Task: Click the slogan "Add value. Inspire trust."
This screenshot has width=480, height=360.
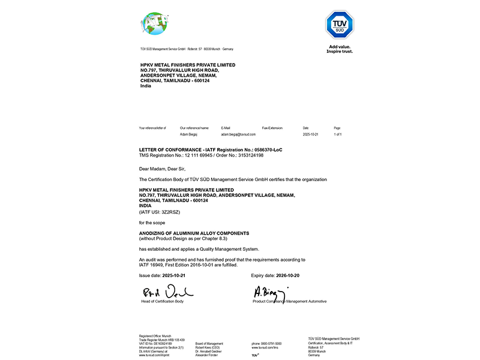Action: tap(340, 49)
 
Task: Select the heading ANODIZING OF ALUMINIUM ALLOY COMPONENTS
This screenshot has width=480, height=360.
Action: tap(194, 233)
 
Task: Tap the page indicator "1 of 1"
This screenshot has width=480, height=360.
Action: tap(337, 135)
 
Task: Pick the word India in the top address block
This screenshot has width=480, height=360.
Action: tap(145, 86)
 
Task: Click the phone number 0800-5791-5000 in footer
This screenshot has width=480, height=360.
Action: tap(266, 343)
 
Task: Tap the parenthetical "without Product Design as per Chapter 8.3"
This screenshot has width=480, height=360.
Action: tap(186, 238)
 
